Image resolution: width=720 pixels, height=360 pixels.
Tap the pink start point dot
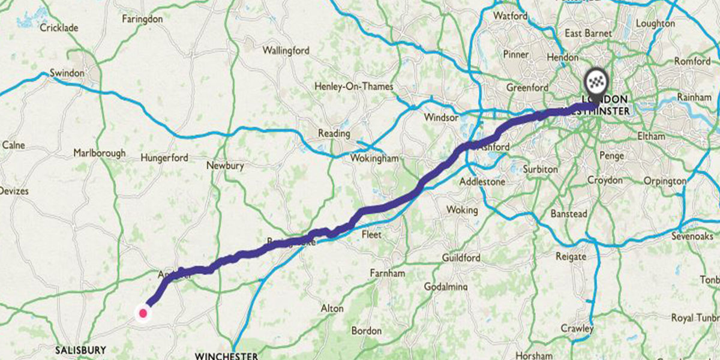pos(143,313)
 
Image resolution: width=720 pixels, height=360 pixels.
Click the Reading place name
pos(334,133)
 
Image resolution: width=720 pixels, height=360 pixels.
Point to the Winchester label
pos(227,355)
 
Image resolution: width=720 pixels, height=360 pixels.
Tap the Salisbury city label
pos(80,350)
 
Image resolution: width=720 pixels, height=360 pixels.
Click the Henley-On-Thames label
pos(354,86)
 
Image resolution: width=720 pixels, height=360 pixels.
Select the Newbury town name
pos(224,165)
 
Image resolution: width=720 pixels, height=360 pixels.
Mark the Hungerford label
pos(164,158)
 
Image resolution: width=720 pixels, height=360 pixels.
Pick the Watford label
pos(511,16)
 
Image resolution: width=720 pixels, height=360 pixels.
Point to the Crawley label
pos(577,328)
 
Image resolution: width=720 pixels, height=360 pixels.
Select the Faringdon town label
pos(142,19)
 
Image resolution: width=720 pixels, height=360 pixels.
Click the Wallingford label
pos(286,50)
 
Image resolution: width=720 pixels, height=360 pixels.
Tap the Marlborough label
pos(100,153)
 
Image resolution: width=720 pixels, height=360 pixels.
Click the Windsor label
pos(440,118)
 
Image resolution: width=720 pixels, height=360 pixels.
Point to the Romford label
pos(692,61)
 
